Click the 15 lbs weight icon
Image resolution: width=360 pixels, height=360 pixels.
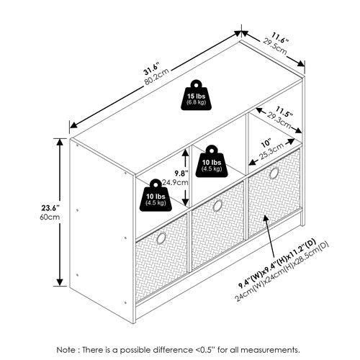click(x=196, y=95)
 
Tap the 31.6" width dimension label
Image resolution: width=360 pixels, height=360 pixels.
click(x=152, y=69)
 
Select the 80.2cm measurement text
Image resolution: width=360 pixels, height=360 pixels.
click(x=156, y=77)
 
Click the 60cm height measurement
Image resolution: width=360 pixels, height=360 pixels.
click(x=50, y=217)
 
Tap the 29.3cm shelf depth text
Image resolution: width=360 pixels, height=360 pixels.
click(x=279, y=120)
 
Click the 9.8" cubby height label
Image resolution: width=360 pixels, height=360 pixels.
click(x=181, y=173)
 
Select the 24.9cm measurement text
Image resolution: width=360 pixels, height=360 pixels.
click(x=175, y=182)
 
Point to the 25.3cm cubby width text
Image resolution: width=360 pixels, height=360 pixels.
click(x=271, y=153)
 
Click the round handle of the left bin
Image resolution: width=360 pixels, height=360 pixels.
click(x=161, y=238)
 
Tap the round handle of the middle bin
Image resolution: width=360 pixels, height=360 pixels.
click(x=217, y=206)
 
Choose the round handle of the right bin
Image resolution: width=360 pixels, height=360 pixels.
click(x=274, y=174)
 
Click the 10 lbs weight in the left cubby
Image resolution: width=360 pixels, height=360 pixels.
click(x=156, y=195)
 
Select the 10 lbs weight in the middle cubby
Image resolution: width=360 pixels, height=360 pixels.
click(x=212, y=161)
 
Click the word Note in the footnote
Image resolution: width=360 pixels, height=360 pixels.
click(x=66, y=350)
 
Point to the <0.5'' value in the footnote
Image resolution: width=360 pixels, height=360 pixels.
click(x=205, y=350)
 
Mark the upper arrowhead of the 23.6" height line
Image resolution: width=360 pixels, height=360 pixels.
click(x=60, y=142)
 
